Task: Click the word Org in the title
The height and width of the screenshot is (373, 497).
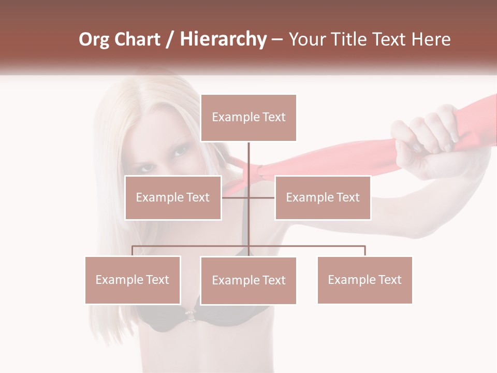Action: (x=96, y=39)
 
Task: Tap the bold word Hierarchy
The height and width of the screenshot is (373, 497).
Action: (x=223, y=39)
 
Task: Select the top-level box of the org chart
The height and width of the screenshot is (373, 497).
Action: (x=248, y=118)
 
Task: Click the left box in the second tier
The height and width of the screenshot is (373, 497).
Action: (x=173, y=197)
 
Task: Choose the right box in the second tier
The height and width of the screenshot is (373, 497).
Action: (x=323, y=197)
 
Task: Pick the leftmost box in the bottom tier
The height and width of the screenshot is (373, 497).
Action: (x=133, y=280)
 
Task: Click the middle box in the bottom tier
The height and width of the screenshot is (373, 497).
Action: (x=248, y=280)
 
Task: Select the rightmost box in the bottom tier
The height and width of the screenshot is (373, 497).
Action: (x=364, y=280)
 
